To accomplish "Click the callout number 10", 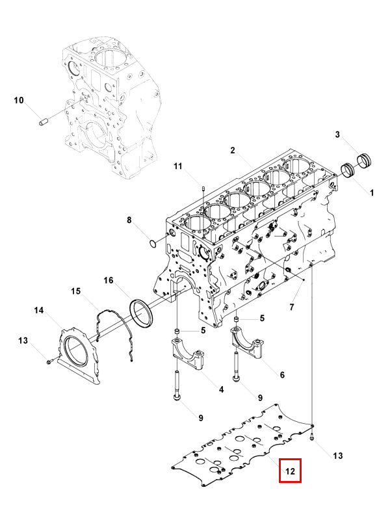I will (x=19, y=101).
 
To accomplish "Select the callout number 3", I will (x=337, y=135).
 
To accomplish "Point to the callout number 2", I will (x=232, y=151).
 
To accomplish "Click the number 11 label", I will (x=178, y=167).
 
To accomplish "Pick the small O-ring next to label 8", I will (x=151, y=244).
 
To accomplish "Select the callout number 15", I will (x=75, y=291).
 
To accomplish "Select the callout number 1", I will (x=372, y=193).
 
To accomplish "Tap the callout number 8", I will (x=129, y=221).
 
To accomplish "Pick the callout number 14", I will (x=39, y=311).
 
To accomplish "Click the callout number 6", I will (x=281, y=374).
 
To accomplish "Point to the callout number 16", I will (x=109, y=281).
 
